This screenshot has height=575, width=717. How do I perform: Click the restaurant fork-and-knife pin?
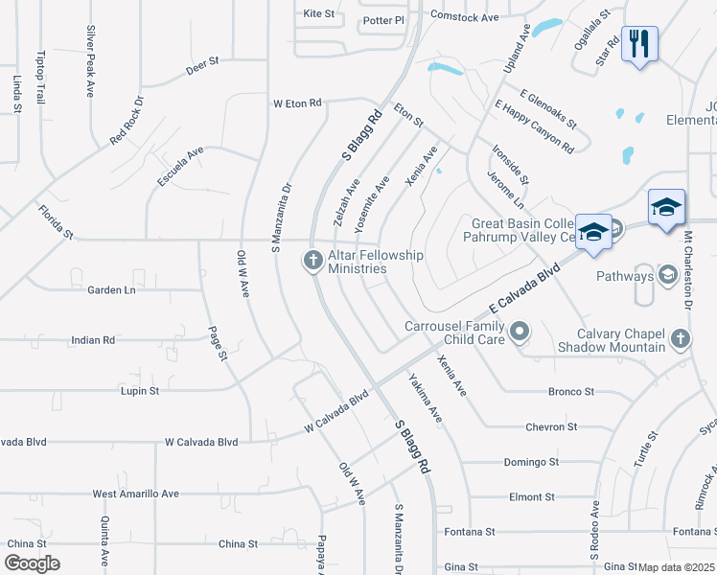tap(639, 44)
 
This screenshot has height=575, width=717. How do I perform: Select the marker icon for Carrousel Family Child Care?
tap(520, 333)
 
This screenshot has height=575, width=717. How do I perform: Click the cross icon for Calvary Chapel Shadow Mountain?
tap(679, 338)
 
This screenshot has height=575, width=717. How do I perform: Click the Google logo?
tap(32, 563)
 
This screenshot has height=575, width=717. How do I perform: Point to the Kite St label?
tap(318, 14)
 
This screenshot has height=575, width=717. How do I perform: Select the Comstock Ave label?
tap(465, 17)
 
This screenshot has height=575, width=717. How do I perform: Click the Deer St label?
tap(203, 65)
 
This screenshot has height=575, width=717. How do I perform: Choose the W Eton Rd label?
tap(297, 103)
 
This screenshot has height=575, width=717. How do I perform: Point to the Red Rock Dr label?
tap(127, 121)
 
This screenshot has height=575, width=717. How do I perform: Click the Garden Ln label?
tap(111, 289)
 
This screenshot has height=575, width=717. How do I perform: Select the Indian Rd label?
tap(94, 340)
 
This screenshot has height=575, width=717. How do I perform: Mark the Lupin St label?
tap(140, 391)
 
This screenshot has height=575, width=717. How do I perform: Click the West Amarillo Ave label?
tap(136, 494)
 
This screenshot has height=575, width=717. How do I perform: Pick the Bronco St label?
tap(571, 392)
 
